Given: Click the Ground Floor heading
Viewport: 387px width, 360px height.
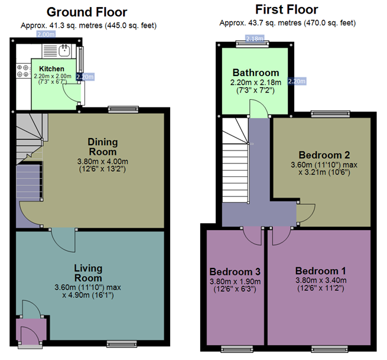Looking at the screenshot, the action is [x=87, y=12].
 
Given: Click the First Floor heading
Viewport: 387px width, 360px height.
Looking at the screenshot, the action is [x=287, y=9].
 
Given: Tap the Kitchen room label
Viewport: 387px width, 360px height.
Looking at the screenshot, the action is [x=51, y=69].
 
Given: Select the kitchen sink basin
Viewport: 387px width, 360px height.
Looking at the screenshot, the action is [x=65, y=50].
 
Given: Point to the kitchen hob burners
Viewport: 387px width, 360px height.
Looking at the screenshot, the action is [x=22, y=71].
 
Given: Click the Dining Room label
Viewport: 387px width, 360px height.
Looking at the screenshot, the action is [x=103, y=147].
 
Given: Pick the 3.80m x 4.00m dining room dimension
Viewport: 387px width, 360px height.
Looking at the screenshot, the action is [x=103, y=162].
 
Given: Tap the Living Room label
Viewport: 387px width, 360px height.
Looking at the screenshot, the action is [x=88, y=273].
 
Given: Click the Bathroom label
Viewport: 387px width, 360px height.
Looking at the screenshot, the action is [x=256, y=73].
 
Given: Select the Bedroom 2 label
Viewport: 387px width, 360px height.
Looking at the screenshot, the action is [x=324, y=155].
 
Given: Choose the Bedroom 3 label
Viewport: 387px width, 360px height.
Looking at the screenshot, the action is [x=235, y=271].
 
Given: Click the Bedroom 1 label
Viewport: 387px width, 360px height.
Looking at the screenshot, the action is [x=321, y=271].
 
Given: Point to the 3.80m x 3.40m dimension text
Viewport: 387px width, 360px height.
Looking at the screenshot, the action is [x=321, y=280].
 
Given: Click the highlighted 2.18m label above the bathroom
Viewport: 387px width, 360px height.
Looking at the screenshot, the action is [x=255, y=38].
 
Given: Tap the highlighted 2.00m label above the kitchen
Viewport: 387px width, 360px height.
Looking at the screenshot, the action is [x=46, y=34].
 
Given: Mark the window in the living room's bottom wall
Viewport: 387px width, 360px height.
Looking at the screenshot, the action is [x=122, y=343].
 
